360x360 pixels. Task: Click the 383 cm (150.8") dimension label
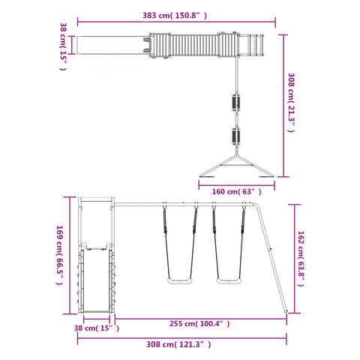(x=175, y=16)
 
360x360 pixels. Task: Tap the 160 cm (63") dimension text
(x=236, y=192)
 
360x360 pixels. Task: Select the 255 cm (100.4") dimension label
(x=199, y=324)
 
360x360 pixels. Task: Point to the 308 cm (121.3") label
(x=178, y=344)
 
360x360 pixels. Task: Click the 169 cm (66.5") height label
(x=60, y=255)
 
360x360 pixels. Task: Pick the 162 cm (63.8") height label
(x=301, y=259)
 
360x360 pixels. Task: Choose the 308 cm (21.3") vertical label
(x=291, y=103)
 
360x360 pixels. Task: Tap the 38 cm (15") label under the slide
(x=97, y=328)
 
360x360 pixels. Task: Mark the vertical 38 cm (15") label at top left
(x=63, y=46)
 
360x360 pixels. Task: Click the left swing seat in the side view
(x=180, y=281)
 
